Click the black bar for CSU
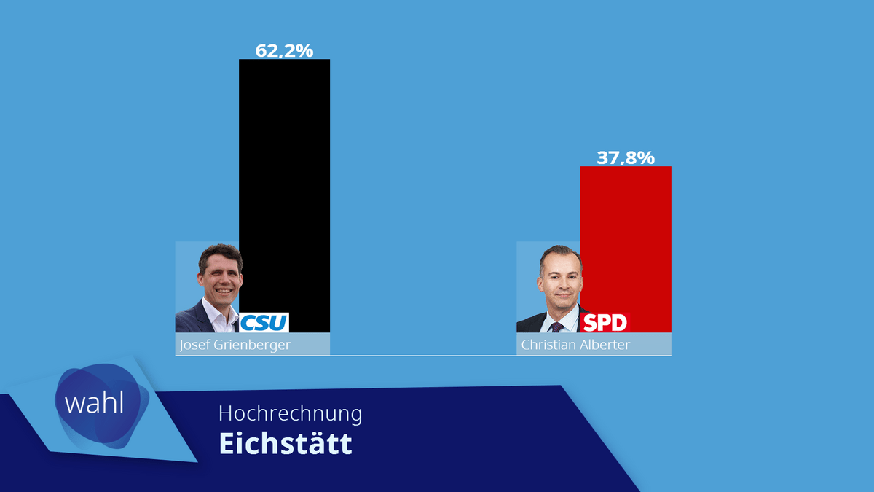pos(284,182)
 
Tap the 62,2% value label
pos(284,50)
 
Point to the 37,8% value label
pos(626,157)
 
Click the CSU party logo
pos(264,322)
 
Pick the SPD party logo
pos(605,323)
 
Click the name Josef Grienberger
pos(235,345)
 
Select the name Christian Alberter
pos(575,345)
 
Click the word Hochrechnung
pos(290,413)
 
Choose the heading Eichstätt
pos(286,443)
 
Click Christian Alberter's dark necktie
pos(558,327)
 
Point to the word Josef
pos(193,345)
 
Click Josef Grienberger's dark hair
pos(220,253)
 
